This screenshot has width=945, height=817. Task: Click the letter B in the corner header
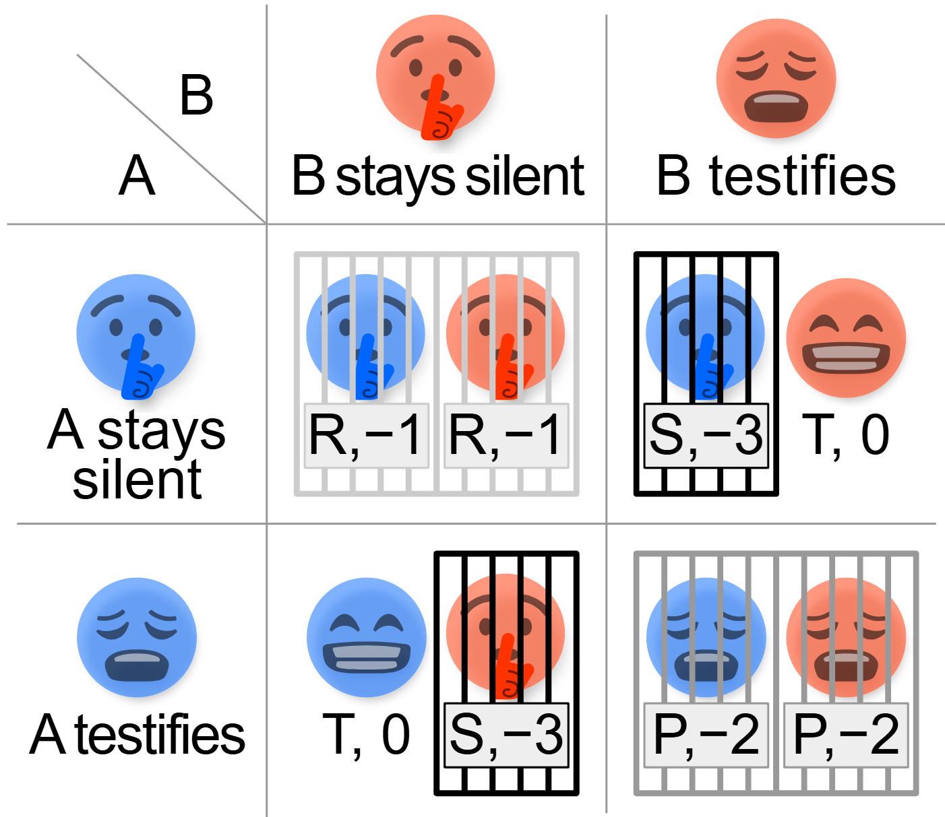tap(196, 96)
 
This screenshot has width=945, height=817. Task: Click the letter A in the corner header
tap(137, 176)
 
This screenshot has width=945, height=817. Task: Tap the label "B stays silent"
tap(437, 176)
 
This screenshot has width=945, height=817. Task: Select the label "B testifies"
tap(776, 176)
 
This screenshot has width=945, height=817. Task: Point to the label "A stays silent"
tap(137, 455)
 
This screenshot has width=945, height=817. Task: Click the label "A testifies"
tap(137, 735)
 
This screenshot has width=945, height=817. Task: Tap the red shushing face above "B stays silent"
tap(435, 75)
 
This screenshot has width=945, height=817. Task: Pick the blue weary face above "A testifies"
tap(137, 637)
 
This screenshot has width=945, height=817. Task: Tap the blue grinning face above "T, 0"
tap(366, 637)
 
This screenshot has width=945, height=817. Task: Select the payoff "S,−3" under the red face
tap(506, 735)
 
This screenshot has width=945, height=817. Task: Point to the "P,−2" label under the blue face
tap(706, 735)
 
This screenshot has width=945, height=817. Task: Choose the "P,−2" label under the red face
tap(846, 735)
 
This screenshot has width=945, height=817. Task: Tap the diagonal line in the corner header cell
tap(172, 139)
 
